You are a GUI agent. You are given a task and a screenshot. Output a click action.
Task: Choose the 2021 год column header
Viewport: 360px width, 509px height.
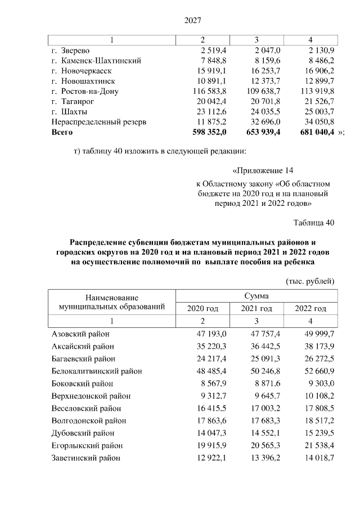pos(256,308)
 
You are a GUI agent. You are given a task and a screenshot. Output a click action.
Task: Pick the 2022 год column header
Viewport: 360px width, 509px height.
pos(311,308)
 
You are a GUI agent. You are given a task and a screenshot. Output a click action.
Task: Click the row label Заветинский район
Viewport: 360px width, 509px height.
pos(85,458)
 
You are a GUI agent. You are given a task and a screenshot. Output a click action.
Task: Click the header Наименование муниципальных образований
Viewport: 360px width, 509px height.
pos(112,302)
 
